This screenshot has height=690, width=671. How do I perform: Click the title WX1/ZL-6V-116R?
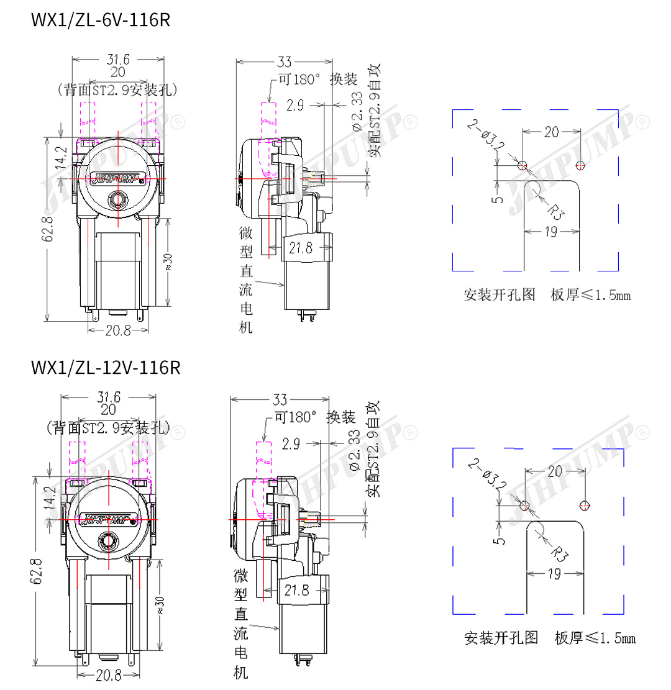[100, 20]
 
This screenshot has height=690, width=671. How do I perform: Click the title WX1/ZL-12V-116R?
[105, 368]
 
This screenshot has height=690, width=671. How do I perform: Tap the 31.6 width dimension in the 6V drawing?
[118, 60]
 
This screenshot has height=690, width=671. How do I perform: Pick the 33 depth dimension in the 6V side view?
[285, 62]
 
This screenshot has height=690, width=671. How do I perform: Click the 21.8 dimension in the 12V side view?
[296, 590]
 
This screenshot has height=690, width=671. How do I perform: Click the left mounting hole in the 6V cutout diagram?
[522, 165]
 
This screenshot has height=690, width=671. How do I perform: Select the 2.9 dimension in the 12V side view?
[290, 444]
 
